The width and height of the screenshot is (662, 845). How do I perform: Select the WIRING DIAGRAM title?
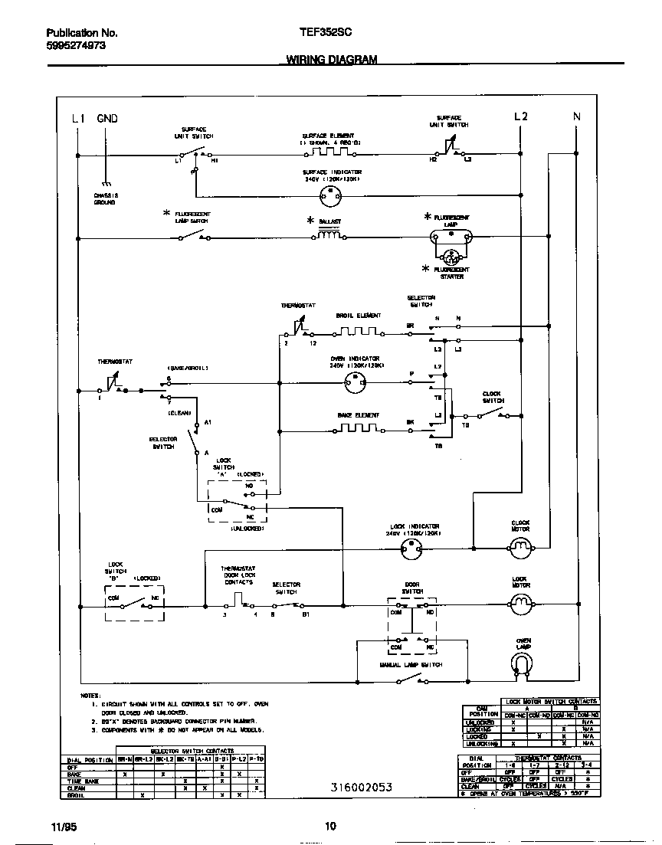(332, 59)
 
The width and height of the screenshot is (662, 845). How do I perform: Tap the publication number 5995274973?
(76, 46)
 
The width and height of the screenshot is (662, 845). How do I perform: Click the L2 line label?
(520, 116)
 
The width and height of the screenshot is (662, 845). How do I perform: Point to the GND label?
(107, 118)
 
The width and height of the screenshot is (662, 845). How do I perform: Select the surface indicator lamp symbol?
(332, 196)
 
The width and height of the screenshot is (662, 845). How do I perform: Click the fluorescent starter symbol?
(452, 256)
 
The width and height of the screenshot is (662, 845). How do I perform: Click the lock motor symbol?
(520, 605)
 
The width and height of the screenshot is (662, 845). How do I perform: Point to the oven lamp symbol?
(523, 669)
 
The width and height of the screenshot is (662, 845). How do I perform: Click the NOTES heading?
(90, 695)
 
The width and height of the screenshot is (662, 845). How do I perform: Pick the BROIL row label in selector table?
(76, 795)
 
